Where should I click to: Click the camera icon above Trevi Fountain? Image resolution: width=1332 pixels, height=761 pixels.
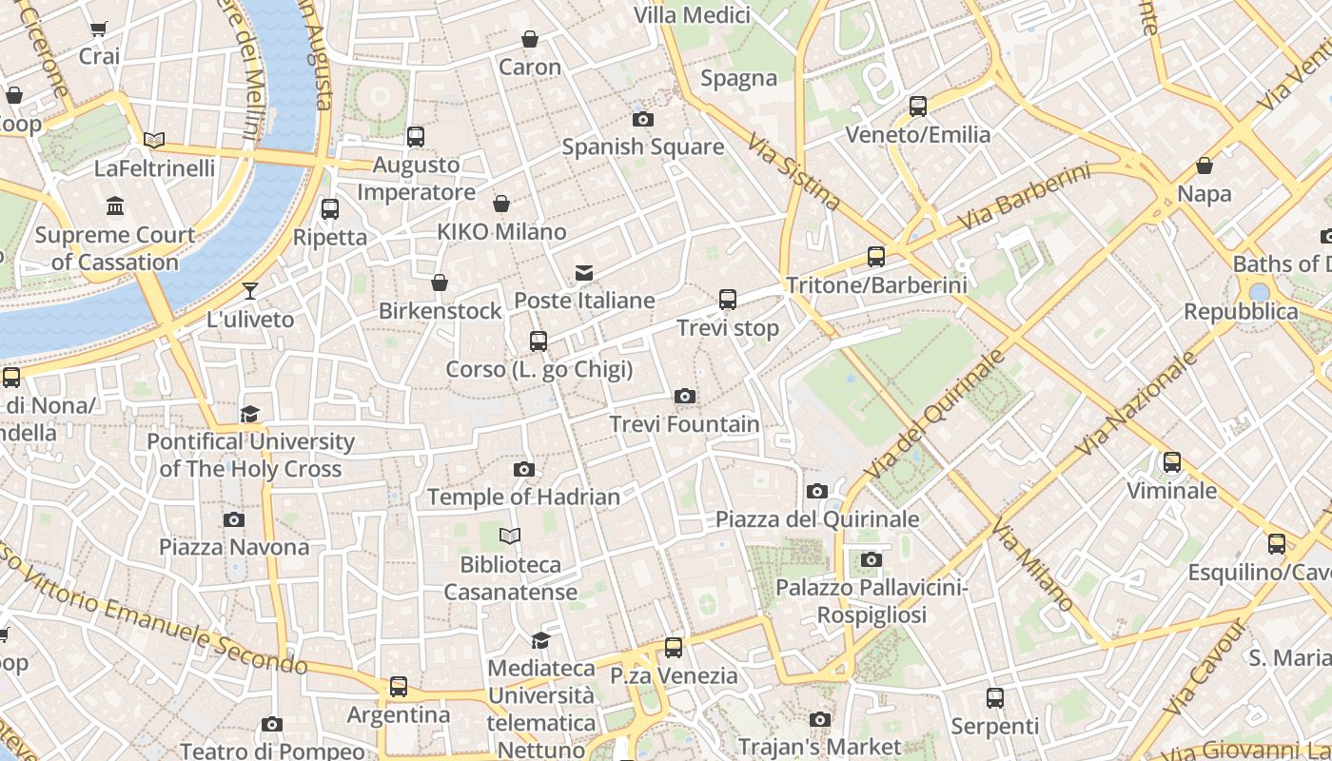[684, 396]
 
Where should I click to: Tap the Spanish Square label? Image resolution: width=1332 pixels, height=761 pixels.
[642, 147]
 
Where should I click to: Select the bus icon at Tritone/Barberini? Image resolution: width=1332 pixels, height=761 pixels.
[876, 256]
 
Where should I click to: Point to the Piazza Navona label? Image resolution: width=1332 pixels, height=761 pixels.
[234, 547]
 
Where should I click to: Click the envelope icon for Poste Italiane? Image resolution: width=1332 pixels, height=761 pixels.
[584, 273]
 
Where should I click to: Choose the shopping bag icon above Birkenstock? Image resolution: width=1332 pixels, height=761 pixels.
[440, 283]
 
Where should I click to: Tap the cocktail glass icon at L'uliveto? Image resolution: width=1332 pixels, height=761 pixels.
[250, 290]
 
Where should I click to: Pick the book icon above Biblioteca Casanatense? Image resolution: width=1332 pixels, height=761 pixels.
[510, 537]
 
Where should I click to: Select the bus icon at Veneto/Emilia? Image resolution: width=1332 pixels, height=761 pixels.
[918, 107]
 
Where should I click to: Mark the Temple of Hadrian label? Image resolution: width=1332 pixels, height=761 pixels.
[523, 497]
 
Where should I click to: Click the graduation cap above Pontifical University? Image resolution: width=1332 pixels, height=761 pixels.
[250, 414]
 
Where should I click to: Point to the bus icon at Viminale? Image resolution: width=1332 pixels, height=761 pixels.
[1171, 462]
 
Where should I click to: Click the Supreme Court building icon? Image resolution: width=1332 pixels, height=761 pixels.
[115, 205]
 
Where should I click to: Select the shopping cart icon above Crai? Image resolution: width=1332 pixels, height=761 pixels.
[99, 29]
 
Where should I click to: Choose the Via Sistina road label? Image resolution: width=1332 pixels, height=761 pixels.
[793, 172]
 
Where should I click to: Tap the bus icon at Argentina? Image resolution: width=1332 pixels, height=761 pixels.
[399, 686]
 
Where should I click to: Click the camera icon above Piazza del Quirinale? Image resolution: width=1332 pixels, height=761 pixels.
[816, 491]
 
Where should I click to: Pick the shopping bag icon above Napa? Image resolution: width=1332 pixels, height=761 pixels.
[1205, 166]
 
